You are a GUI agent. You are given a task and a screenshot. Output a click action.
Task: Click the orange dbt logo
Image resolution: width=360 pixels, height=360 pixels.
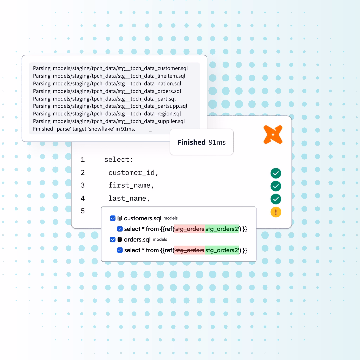point(273,135)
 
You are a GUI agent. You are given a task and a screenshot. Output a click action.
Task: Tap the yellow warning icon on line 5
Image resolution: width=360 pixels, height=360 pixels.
point(276,212)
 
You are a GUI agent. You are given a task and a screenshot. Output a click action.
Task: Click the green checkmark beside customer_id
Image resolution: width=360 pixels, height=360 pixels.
point(276,173)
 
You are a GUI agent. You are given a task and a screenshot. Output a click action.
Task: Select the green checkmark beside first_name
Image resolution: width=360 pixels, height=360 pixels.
point(276,186)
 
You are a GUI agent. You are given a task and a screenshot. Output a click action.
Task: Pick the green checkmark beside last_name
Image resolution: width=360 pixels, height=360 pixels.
point(276,199)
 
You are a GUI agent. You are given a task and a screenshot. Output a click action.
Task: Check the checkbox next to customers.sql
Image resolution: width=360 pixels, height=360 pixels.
point(113,218)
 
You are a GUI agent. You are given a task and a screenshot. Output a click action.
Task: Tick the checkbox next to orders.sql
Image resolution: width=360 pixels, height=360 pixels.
point(113,239)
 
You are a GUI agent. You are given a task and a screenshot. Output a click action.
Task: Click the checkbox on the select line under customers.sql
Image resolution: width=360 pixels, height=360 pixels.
point(120,229)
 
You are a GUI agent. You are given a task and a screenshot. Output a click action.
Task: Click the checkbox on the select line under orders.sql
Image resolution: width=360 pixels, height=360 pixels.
point(120,250)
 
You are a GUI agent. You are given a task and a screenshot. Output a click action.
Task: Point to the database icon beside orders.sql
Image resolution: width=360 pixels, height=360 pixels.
point(120,239)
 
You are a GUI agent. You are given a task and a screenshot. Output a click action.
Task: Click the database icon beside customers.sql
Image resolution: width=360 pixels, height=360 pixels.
point(120,218)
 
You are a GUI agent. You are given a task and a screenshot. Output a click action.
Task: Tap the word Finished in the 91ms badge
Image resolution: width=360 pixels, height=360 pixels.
point(191,142)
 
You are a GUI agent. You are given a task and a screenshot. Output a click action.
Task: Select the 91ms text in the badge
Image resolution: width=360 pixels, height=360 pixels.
point(217,142)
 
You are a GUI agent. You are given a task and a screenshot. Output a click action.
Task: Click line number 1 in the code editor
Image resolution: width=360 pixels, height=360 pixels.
point(83,160)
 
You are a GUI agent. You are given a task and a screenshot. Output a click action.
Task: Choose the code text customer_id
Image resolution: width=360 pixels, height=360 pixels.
point(133,173)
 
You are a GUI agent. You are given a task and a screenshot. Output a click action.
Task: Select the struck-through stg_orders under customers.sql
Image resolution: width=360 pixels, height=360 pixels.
point(190,229)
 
